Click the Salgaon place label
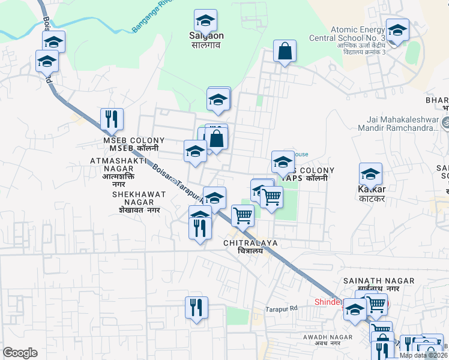pos(206,40)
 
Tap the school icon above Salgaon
pos(205,21)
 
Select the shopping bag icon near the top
pos(285,52)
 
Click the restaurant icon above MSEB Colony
pos(112,119)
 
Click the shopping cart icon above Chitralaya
pos(243,215)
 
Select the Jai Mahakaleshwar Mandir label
pos(397,124)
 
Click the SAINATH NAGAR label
pos(379,284)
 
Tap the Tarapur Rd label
pos(282,309)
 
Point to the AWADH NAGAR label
pos(322,340)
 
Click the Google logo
pos(20,353)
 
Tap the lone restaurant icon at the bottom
pos(196,308)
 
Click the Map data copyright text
pos(423,355)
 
